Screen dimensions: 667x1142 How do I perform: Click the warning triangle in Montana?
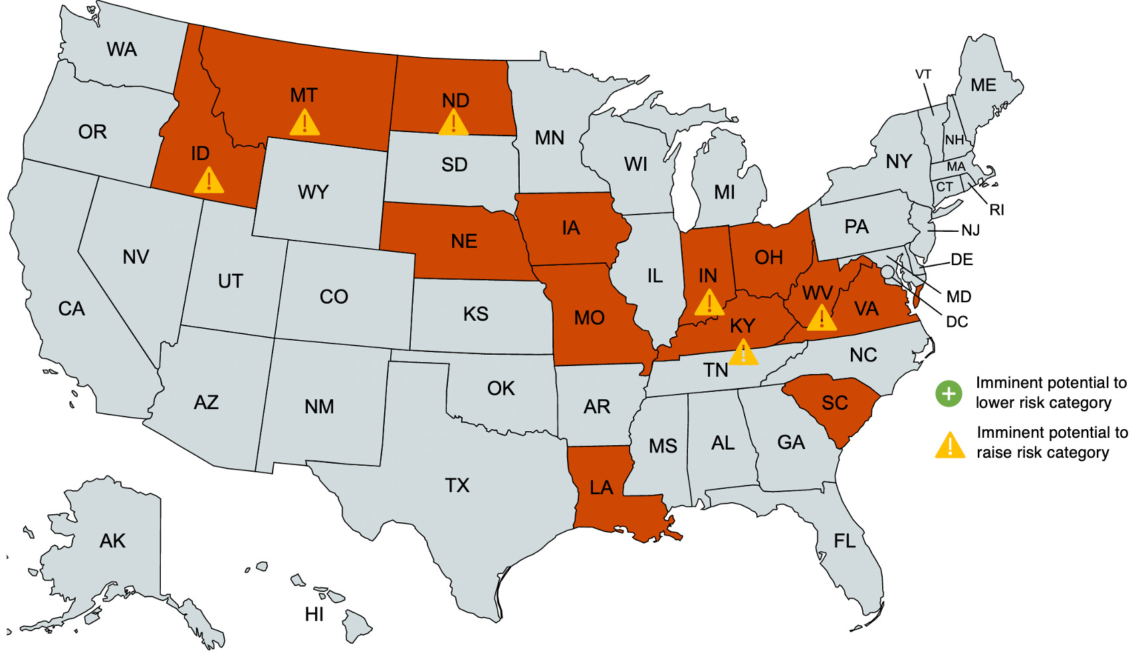pyautogui.click(x=304, y=124)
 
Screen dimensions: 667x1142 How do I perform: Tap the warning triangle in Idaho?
pyautogui.click(x=209, y=180)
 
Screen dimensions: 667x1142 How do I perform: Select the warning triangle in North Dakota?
pyautogui.click(x=453, y=124)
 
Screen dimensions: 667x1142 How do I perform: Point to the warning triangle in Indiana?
pyautogui.click(x=709, y=303)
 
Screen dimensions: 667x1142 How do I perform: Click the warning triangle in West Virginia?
pyautogui.click(x=822, y=318)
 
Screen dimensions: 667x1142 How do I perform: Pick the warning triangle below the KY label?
pyautogui.click(x=743, y=353)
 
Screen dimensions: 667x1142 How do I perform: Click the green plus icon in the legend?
pyautogui.click(x=949, y=393)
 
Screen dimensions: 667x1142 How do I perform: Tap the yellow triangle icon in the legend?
pyautogui.click(x=950, y=445)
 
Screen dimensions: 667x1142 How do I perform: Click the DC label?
pyautogui.click(x=957, y=322)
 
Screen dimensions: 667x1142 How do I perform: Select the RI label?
pyautogui.click(x=996, y=211)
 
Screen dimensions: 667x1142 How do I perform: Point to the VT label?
pyautogui.click(x=923, y=74)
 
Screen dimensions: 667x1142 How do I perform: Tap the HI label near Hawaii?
pyautogui.click(x=314, y=615)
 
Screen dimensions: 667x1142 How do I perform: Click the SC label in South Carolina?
pyautogui.click(x=835, y=403)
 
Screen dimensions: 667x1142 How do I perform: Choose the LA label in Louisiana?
pyautogui.click(x=601, y=488)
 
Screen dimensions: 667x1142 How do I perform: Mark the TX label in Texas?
pyautogui.click(x=457, y=486)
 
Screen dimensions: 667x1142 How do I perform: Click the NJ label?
pyautogui.click(x=971, y=231)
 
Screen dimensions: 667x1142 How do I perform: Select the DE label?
pyautogui.click(x=962, y=260)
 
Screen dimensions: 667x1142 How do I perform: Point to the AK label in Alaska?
pyautogui.click(x=112, y=541)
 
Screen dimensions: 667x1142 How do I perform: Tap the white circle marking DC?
pyautogui.click(x=887, y=272)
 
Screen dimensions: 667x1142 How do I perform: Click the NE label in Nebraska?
pyautogui.click(x=464, y=241)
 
